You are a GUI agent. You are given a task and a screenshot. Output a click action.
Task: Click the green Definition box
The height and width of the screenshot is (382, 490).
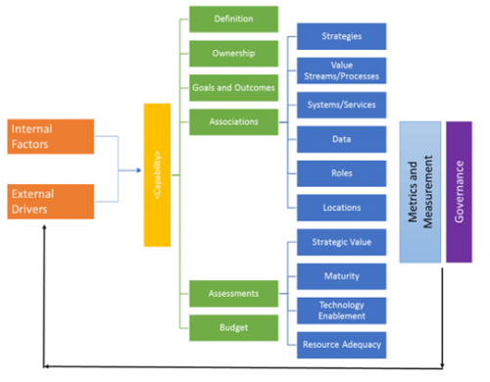[232, 19]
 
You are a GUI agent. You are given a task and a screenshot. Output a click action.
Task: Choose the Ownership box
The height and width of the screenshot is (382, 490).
[232, 53]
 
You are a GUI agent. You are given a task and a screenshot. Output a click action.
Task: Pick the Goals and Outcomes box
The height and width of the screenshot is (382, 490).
[232, 87]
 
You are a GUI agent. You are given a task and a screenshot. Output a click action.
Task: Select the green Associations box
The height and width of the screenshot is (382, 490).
[232, 121]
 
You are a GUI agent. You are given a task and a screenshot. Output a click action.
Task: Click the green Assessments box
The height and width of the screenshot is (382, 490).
[232, 292]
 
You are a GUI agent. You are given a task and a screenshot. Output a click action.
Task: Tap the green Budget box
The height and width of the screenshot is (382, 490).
[232, 326]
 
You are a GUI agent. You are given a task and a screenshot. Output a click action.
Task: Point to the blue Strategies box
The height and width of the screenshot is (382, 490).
[341, 37]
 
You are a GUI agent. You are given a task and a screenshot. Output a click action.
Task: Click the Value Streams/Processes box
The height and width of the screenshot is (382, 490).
[341, 71]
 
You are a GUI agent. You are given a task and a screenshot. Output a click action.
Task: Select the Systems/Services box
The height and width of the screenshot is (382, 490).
[341, 105]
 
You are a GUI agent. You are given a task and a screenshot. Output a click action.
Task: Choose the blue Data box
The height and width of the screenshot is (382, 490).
[341, 139]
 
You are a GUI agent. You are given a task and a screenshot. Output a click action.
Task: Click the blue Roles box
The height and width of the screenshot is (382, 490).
[341, 172]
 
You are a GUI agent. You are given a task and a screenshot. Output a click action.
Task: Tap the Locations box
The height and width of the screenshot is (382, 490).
[341, 207]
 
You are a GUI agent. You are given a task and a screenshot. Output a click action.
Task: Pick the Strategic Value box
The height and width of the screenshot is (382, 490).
[341, 241]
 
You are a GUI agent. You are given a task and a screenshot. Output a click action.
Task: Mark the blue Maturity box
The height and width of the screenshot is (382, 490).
[341, 275]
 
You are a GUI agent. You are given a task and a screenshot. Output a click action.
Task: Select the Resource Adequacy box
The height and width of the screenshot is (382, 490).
[341, 343]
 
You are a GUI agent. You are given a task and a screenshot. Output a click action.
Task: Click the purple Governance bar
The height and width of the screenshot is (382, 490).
[459, 191]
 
